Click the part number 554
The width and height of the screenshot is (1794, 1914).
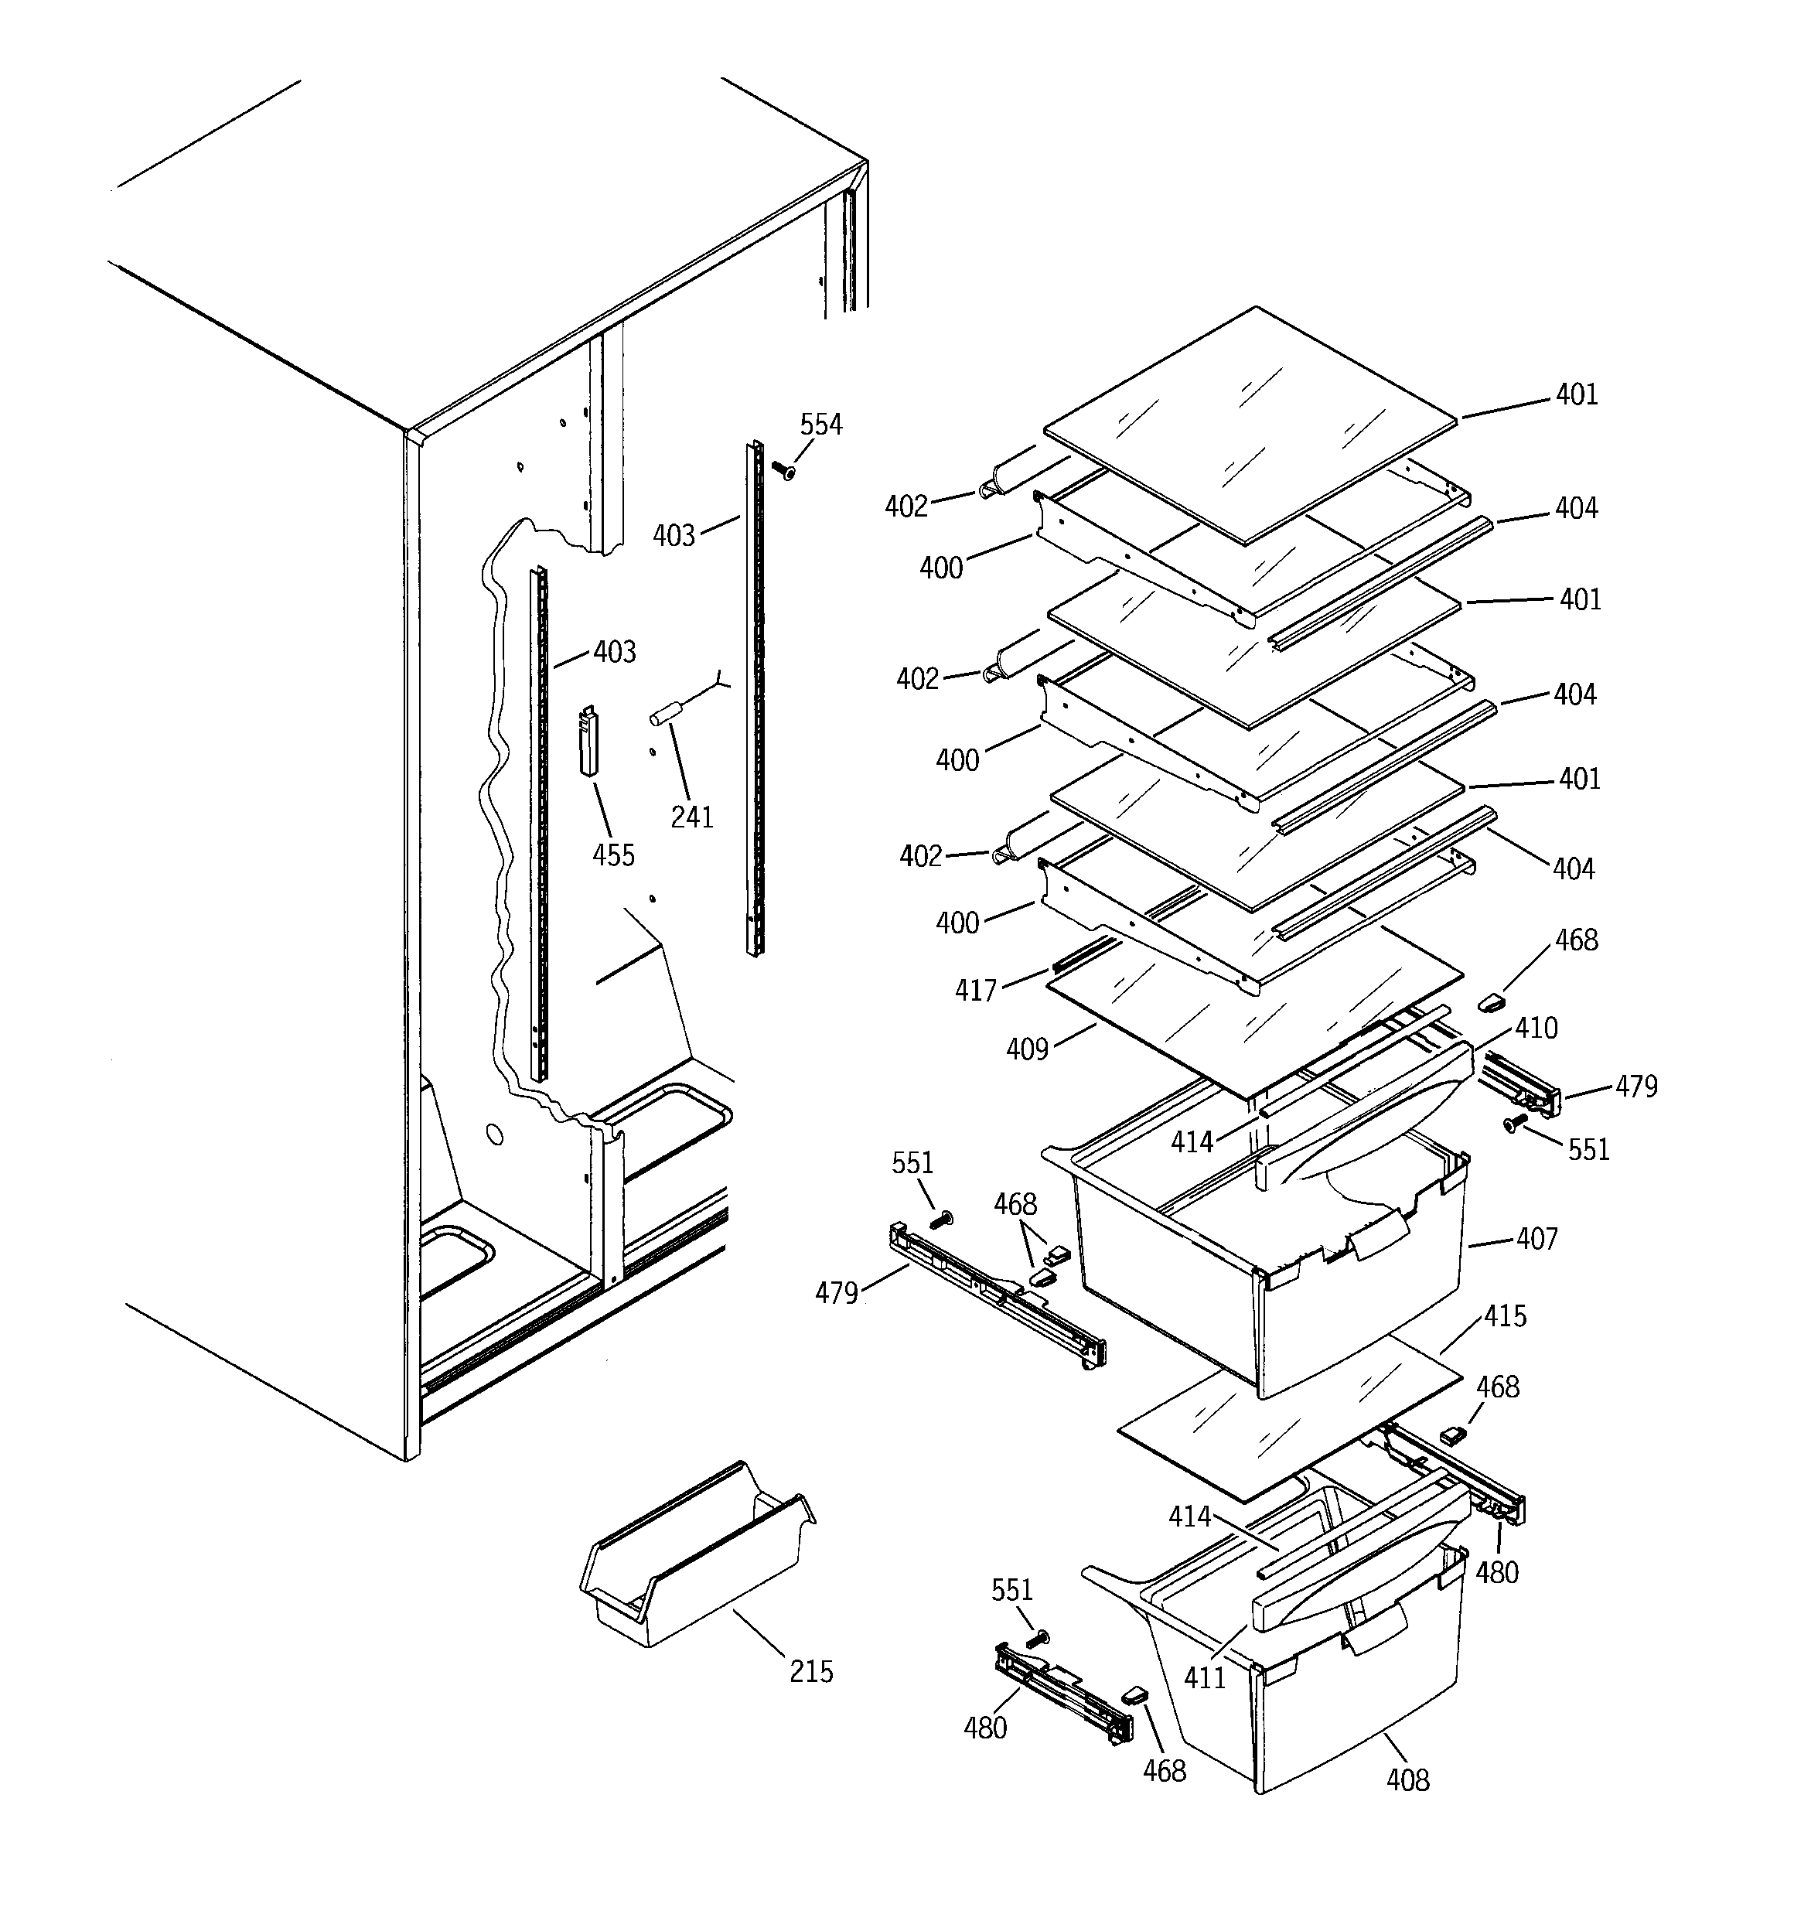point(820,425)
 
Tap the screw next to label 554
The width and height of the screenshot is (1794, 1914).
point(784,470)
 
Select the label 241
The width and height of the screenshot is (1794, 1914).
point(691,817)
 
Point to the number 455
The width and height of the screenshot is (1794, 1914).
point(613,855)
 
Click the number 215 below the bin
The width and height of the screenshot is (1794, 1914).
point(811,1671)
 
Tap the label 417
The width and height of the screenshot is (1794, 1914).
point(975,991)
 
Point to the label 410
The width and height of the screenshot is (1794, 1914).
point(1536,1029)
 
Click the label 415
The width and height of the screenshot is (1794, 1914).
point(1505,1316)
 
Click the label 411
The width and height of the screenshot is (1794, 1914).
point(1204,1678)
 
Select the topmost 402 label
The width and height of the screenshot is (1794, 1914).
point(906,507)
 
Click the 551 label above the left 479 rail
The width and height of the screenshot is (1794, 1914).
point(912,1163)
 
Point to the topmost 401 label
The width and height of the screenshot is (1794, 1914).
point(1577,394)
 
